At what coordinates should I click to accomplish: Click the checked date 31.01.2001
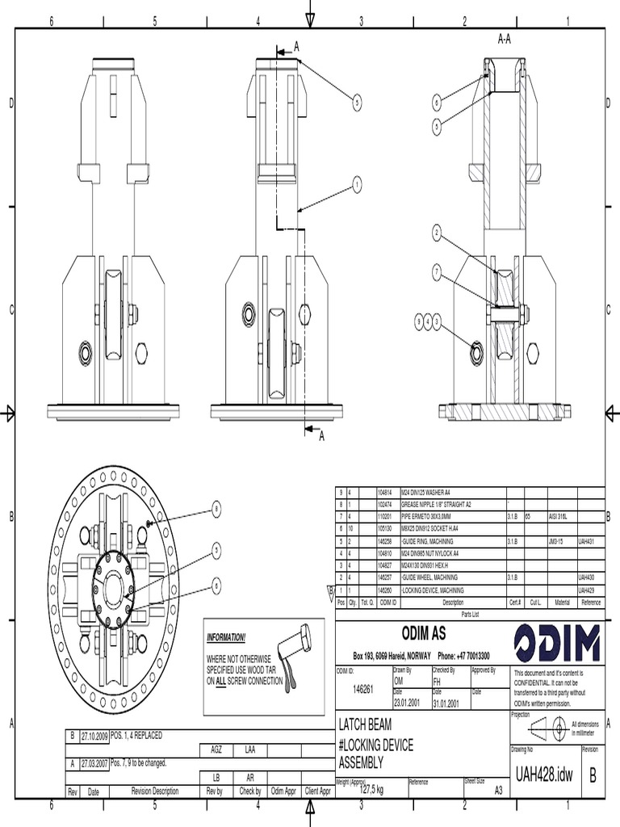point(446,703)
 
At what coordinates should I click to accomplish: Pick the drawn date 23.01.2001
point(408,703)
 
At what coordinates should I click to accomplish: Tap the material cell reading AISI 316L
point(559,515)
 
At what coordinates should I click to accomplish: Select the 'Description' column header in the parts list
point(453,602)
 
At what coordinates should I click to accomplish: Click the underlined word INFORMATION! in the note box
point(226,637)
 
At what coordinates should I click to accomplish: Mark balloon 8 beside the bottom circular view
point(216,509)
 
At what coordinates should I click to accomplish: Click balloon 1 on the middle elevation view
point(356,185)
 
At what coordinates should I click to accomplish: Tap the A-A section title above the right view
point(505,39)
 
